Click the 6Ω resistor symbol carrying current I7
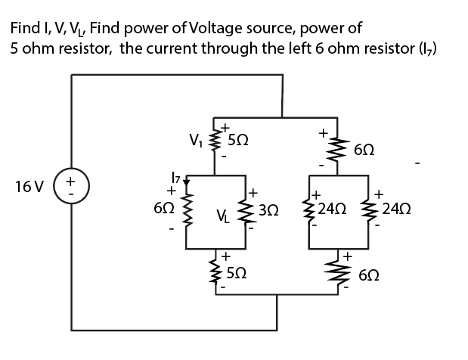(x=185, y=214)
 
